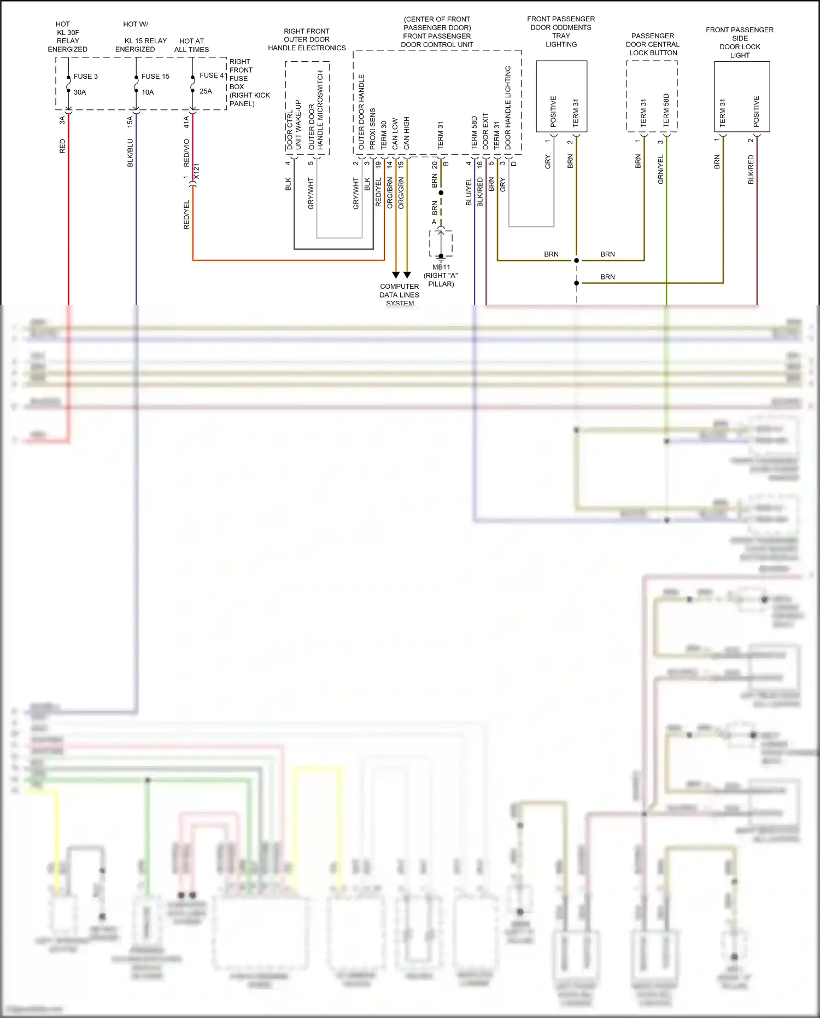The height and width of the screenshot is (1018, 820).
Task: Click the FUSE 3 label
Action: [86, 77]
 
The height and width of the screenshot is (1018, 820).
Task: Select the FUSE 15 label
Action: [155, 77]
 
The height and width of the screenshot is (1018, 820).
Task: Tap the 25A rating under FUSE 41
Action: [206, 91]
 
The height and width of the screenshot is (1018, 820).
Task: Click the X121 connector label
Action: [197, 171]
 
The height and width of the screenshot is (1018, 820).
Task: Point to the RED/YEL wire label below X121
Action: [186, 214]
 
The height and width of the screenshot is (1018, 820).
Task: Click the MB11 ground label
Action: [441, 267]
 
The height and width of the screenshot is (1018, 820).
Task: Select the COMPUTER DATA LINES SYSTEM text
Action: [400, 294]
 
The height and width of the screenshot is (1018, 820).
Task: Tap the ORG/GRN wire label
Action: [401, 193]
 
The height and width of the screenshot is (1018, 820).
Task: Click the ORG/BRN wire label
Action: [390, 193]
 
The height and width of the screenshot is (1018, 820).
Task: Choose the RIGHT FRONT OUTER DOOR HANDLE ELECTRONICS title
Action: [307, 39]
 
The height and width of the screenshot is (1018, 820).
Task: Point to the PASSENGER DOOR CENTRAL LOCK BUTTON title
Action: [653, 44]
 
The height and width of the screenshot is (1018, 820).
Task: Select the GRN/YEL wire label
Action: [660, 169]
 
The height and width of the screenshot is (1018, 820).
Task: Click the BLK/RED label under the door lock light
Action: [751, 169]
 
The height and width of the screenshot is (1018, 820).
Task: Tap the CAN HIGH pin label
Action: [406, 133]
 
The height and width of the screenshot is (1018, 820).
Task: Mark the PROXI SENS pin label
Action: [373, 129]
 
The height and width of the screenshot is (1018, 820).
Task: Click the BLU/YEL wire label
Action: [468, 192]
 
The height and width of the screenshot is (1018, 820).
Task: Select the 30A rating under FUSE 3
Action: [80, 92]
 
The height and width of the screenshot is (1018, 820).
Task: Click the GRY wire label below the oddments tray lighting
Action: [548, 162]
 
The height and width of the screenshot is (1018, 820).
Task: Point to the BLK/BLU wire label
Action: [130, 153]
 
